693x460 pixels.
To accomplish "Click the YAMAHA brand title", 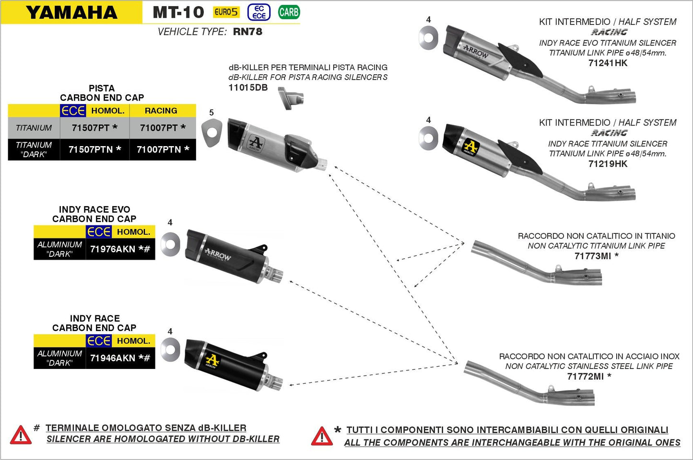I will click(x=71, y=12).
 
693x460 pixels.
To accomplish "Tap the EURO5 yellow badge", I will click(x=226, y=12).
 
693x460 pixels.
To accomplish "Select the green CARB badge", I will click(x=289, y=12).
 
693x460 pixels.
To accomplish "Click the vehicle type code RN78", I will click(x=247, y=32).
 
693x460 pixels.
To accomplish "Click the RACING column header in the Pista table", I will click(x=161, y=111).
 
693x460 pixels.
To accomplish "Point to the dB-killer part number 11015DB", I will click(x=248, y=88).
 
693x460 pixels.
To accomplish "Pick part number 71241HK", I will click(x=608, y=63).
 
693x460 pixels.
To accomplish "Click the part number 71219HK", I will click(x=608, y=164).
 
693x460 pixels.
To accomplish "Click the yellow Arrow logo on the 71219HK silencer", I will click(x=470, y=147).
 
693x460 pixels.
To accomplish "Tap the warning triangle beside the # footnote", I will click(x=21, y=435).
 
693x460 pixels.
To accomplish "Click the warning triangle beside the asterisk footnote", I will click(x=321, y=437).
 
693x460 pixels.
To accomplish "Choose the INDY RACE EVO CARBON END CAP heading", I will click(x=94, y=214).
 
